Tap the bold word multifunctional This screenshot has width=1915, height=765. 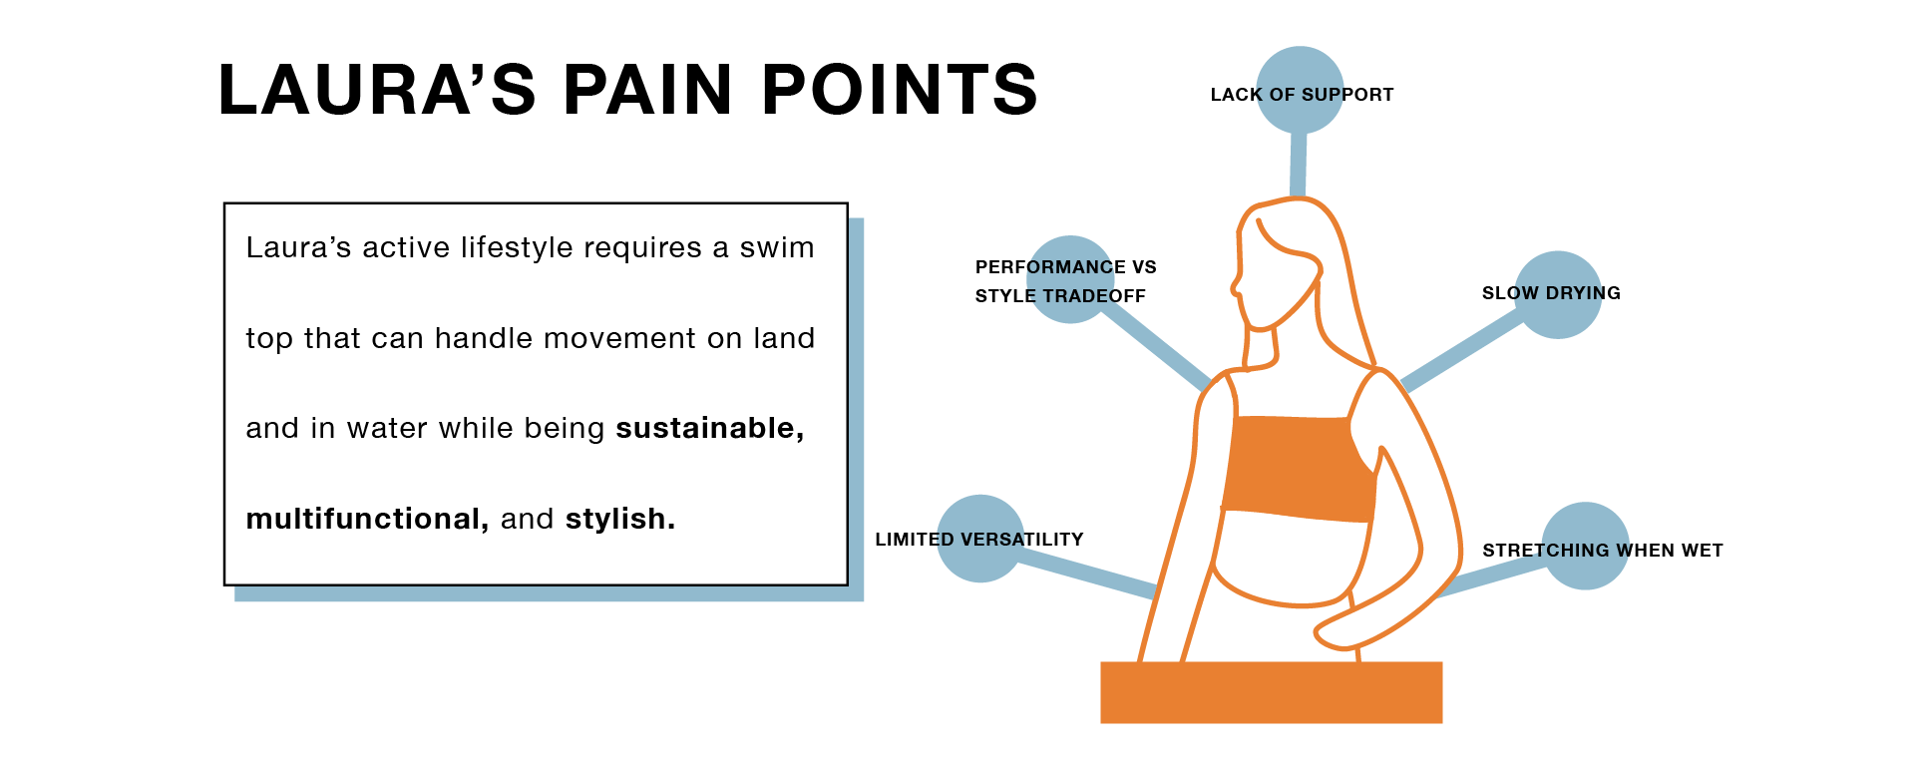click(x=366, y=519)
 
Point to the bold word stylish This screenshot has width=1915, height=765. click(x=619, y=519)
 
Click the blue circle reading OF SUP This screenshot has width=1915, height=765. click(x=1300, y=90)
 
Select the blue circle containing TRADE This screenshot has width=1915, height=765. click(x=1070, y=279)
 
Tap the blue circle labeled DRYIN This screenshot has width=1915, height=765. click(x=1558, y=294)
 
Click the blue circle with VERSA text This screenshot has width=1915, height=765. click(x=980, y=539)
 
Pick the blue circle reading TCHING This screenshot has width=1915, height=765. click(x=1585, y=547)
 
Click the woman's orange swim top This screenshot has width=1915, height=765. click(x=1297, y=467)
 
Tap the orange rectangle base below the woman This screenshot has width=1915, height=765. click(x=1271, y=692)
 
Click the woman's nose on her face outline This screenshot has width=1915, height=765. click(x=1235, y=289)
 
